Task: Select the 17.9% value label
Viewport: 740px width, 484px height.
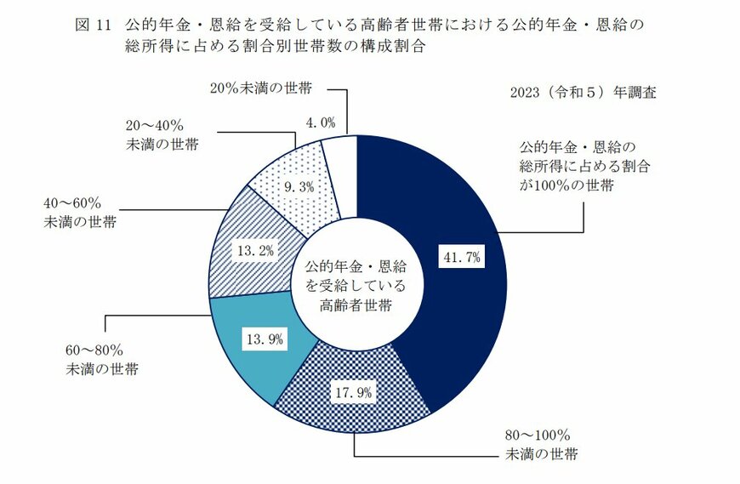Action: pos(351,392)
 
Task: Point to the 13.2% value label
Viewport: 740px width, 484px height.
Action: pos(254,250)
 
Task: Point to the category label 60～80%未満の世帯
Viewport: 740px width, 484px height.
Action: pos(102,360)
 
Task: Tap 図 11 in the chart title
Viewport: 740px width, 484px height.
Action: pos(91,25)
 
